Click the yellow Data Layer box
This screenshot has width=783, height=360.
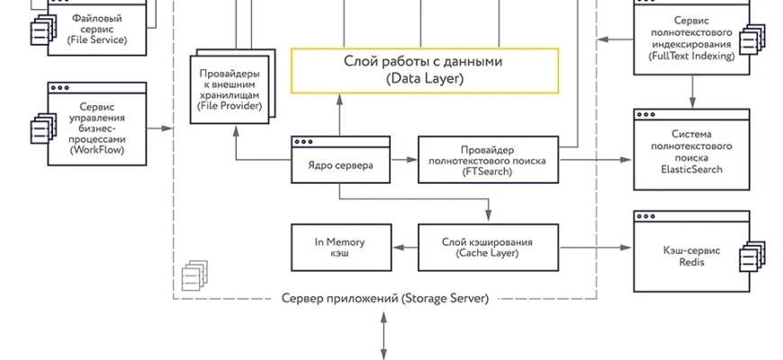point(424,70)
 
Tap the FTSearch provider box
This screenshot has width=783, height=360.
point(488,159)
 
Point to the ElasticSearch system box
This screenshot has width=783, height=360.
point(691,150)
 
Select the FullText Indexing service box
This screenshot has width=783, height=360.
point(691,37)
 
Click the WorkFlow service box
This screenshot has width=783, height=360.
point(96,126)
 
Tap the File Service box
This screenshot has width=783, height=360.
point(96,28)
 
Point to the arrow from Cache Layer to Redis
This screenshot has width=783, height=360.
point(595,246)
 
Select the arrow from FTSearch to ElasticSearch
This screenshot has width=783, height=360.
point(595,159)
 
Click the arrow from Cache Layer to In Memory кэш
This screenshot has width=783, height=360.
point(405,246)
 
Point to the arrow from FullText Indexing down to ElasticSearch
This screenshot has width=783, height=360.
point(691,88)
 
